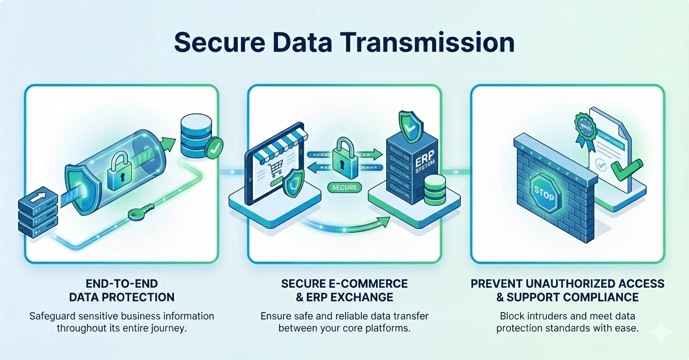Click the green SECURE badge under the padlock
coord(344,187)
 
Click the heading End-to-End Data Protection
coord(122,290)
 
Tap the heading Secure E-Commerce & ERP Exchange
coord(344,290)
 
